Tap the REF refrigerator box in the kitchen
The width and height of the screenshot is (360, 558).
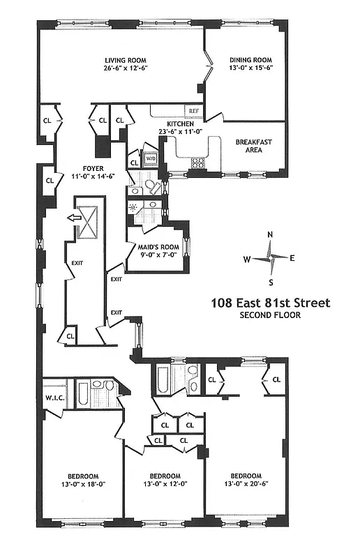coord(193,111)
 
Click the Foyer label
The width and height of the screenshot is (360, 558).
coord(93,168)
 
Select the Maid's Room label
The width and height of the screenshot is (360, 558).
coord(158,246)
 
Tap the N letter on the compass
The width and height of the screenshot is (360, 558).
coord(271,234)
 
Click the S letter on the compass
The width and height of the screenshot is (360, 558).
coord(271,282)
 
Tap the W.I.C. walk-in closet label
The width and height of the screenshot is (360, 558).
coord(53,398)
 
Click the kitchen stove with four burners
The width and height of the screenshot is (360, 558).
coord(198,164)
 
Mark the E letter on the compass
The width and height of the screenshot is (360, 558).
coord(292,258)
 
